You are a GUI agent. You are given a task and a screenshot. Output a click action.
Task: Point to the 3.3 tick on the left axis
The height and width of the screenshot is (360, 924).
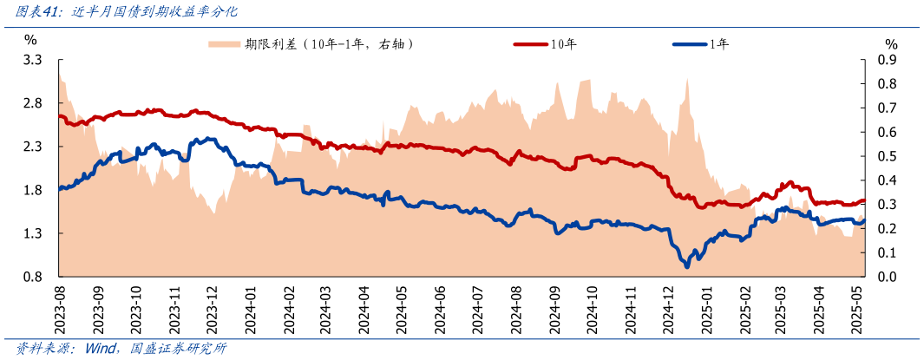33,60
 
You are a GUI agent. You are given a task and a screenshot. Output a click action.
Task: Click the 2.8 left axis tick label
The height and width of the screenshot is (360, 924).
33,103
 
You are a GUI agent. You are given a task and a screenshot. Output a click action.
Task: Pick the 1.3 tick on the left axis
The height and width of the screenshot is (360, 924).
33,233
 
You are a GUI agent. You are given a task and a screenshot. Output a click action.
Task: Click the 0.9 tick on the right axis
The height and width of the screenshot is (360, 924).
887,60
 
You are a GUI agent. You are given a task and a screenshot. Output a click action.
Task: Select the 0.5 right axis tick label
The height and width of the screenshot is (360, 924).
887,156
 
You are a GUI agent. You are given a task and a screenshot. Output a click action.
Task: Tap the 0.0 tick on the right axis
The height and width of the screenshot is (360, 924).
887,277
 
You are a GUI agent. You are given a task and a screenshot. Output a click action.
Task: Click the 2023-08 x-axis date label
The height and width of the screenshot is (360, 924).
60,309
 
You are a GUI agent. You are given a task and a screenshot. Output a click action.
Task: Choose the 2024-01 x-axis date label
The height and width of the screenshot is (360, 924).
251,309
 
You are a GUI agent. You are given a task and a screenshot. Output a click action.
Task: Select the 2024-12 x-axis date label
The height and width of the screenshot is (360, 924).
668,309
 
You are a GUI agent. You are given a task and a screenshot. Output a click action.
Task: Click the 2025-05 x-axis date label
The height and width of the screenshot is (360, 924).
859,309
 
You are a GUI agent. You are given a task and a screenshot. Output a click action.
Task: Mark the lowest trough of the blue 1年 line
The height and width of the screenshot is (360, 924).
687,265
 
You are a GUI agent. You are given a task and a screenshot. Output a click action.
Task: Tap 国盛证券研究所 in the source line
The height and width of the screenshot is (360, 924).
179,349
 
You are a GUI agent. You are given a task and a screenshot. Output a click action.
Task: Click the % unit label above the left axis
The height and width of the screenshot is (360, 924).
30,40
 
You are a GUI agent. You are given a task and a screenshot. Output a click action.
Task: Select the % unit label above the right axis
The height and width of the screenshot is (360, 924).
891,43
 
